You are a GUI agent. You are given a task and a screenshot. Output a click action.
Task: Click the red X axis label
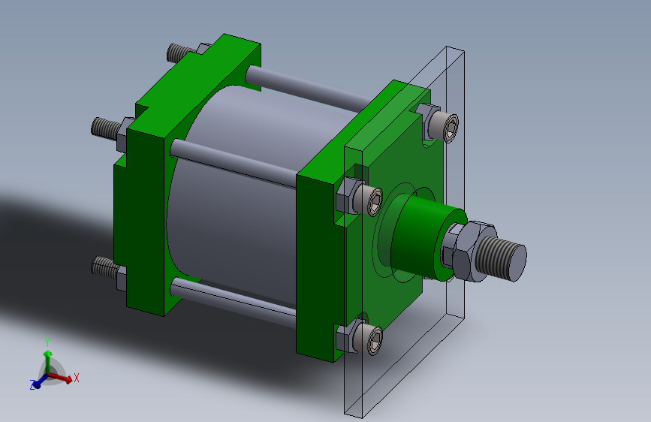coord(77,378)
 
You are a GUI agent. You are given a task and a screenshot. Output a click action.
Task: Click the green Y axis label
coord(47,342)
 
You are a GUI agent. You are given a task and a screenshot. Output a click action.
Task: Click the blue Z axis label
coord(32,384)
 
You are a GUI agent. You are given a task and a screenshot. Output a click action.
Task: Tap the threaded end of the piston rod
coord(502,258)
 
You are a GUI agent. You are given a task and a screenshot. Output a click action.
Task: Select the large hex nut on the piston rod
coord(472,252)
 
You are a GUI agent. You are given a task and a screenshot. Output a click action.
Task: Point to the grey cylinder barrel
coord(237,195)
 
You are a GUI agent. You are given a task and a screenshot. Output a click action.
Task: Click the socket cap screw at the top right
coord(445,126)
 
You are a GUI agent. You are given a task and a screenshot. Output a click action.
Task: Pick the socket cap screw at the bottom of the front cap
coord(370,339)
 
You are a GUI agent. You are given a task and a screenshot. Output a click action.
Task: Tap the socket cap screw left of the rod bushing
coord(369,200)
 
